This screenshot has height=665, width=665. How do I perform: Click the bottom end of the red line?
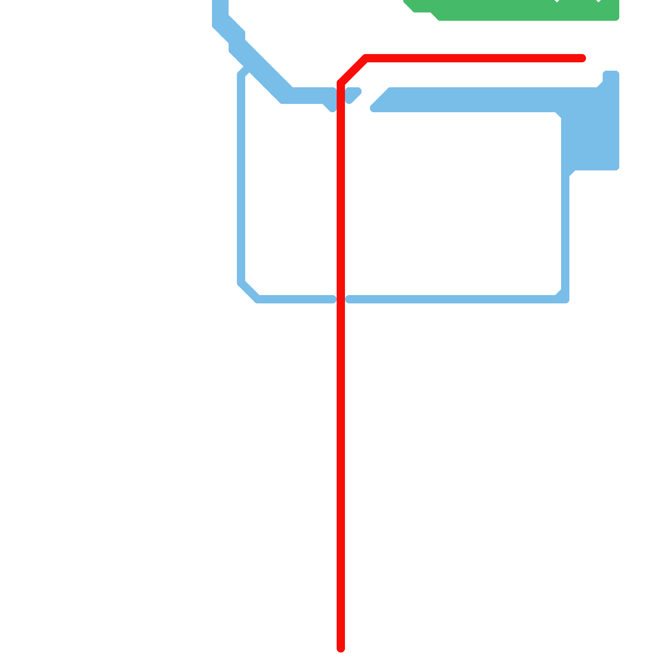pyautogui.click(x=341, y=648)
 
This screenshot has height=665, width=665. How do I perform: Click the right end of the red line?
pyautogui.click(x=583, y=58)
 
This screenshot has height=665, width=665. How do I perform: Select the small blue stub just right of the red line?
pyautogui.click(x=352, y=95)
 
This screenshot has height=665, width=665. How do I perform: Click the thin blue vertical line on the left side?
pyautogui.click(x=241, y=179)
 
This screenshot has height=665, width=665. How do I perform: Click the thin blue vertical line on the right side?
pyautogui.click(x=565, y=233)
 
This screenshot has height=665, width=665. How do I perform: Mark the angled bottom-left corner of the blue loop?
pyautogui.click(x=249, y=291)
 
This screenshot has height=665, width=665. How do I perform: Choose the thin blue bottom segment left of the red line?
pyautogui.click(x=295, y=299)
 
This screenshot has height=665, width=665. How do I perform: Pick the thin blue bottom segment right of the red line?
pyautogui.click(x=449, y=299)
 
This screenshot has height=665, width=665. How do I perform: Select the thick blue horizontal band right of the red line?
pyautogui.click(x=470, y=100)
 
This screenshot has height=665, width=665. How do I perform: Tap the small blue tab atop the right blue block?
pyautogui.click(x=611, y=77)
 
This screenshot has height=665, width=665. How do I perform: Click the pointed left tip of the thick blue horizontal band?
pyautogui.click(x=373, y=108)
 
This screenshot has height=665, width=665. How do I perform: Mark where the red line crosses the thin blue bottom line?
pyautogui.click(x=341, y=299)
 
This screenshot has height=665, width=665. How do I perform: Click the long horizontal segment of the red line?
pyautogui.click(x=474, y=58)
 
